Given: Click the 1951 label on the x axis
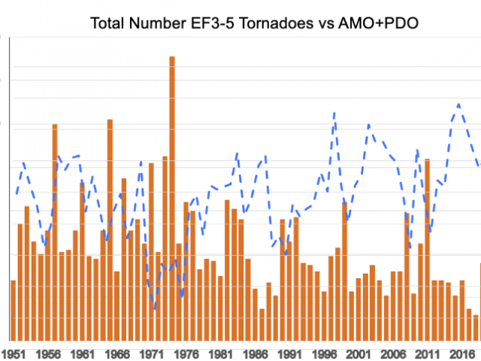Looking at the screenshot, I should point(13,353).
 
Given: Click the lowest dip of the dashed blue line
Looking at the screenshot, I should point(155,308).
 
